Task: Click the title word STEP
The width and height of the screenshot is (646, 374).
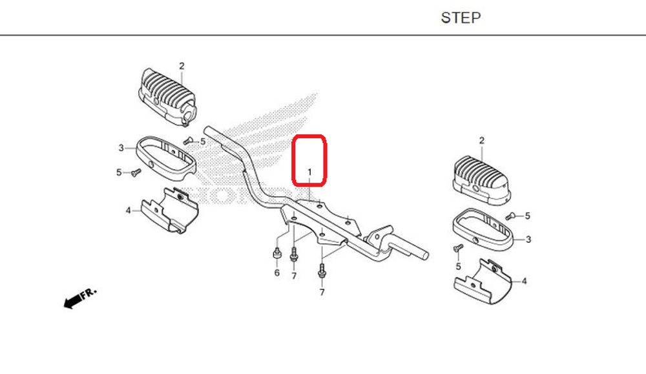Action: click(461, 17)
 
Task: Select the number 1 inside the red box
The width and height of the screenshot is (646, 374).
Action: click(309, 172)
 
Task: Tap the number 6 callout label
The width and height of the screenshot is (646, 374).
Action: click(276, 273)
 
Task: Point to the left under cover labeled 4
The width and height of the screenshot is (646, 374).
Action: click(169, 209)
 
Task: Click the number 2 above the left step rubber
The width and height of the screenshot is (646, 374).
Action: click(182, 66)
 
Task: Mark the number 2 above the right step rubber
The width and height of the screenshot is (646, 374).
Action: click(481, 140)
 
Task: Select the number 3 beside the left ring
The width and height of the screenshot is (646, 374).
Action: click(121, 148)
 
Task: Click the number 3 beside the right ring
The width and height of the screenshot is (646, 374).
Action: click(528, 240)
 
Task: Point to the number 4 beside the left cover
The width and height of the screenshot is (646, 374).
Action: click(128, 210)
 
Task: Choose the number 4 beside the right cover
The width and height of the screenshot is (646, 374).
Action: click(524, 281)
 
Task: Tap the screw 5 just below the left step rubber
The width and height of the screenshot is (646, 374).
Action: click(188, 141)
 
